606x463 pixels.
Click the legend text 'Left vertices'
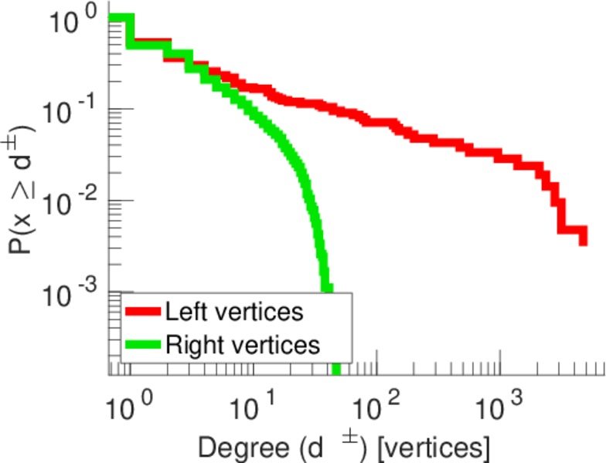pos(233,312)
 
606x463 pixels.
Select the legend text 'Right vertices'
pos(242,343)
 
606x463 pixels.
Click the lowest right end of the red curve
pos(583,242)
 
